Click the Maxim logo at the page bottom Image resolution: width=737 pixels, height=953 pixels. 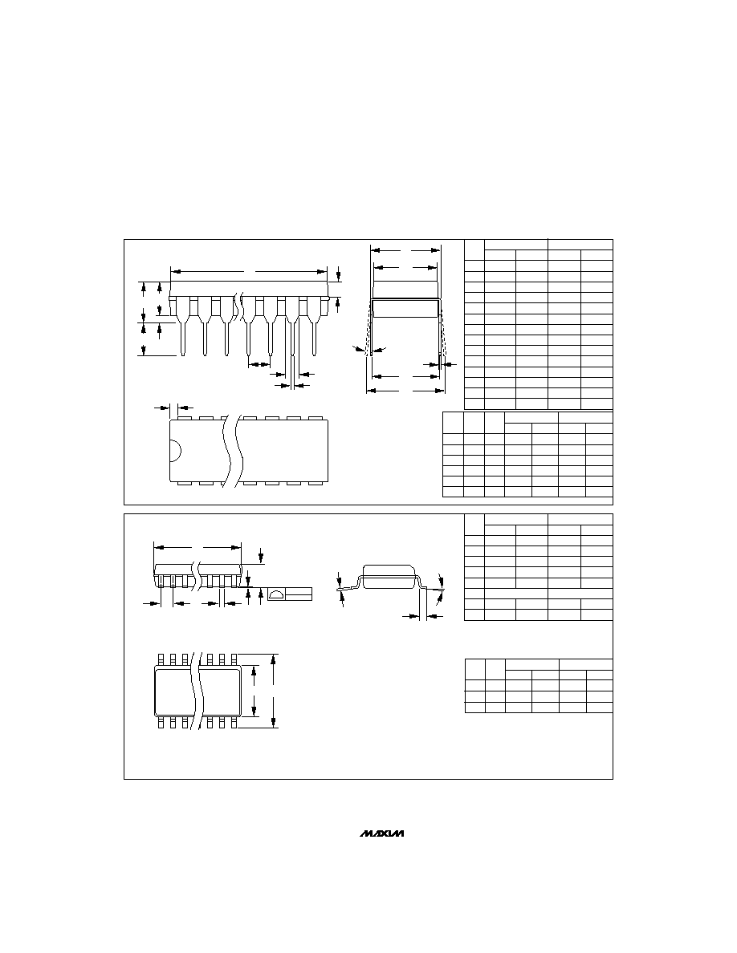(x=382, y=833)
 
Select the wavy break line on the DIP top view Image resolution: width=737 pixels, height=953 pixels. (x=231, y=450)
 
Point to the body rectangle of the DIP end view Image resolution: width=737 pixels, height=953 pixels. (x=405, y=308)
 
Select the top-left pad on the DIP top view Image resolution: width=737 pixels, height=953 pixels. (x=182, y=418)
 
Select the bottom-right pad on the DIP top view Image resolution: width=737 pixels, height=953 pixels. (x=315, y=483)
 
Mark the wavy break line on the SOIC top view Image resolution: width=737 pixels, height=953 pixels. (x=197, y=691)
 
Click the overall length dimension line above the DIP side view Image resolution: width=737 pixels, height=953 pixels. (x=250, y=271)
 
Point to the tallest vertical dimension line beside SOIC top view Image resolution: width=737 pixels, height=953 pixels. (x=275, y=691)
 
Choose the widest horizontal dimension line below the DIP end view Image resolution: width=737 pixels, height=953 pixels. (x=405, y=391)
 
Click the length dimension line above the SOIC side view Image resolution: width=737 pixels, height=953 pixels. (x=197, y=547)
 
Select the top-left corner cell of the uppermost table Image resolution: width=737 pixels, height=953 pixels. (x=474, y=249)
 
